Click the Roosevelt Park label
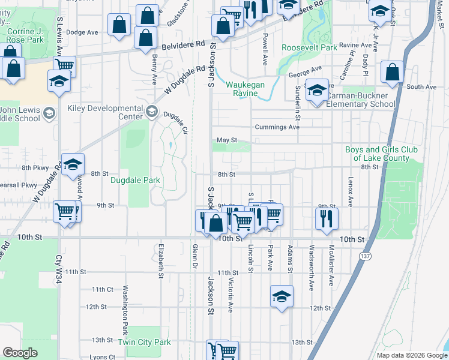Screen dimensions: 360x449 pos(309,47)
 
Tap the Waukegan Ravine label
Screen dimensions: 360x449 pos(245,89)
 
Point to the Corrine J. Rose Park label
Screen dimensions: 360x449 pos(23,35)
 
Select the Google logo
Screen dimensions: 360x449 pos(20,353)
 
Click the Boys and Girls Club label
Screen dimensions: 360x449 pos(377,154)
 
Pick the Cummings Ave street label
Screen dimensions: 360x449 pos(277,127)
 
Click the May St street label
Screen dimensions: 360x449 pos(223,140)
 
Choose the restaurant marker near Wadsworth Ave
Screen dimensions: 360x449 pos(327,218)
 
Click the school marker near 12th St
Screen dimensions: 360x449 pos(281,296)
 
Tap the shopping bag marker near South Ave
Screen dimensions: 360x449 pos(392,73)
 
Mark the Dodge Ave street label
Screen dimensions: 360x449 pos(82,32)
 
